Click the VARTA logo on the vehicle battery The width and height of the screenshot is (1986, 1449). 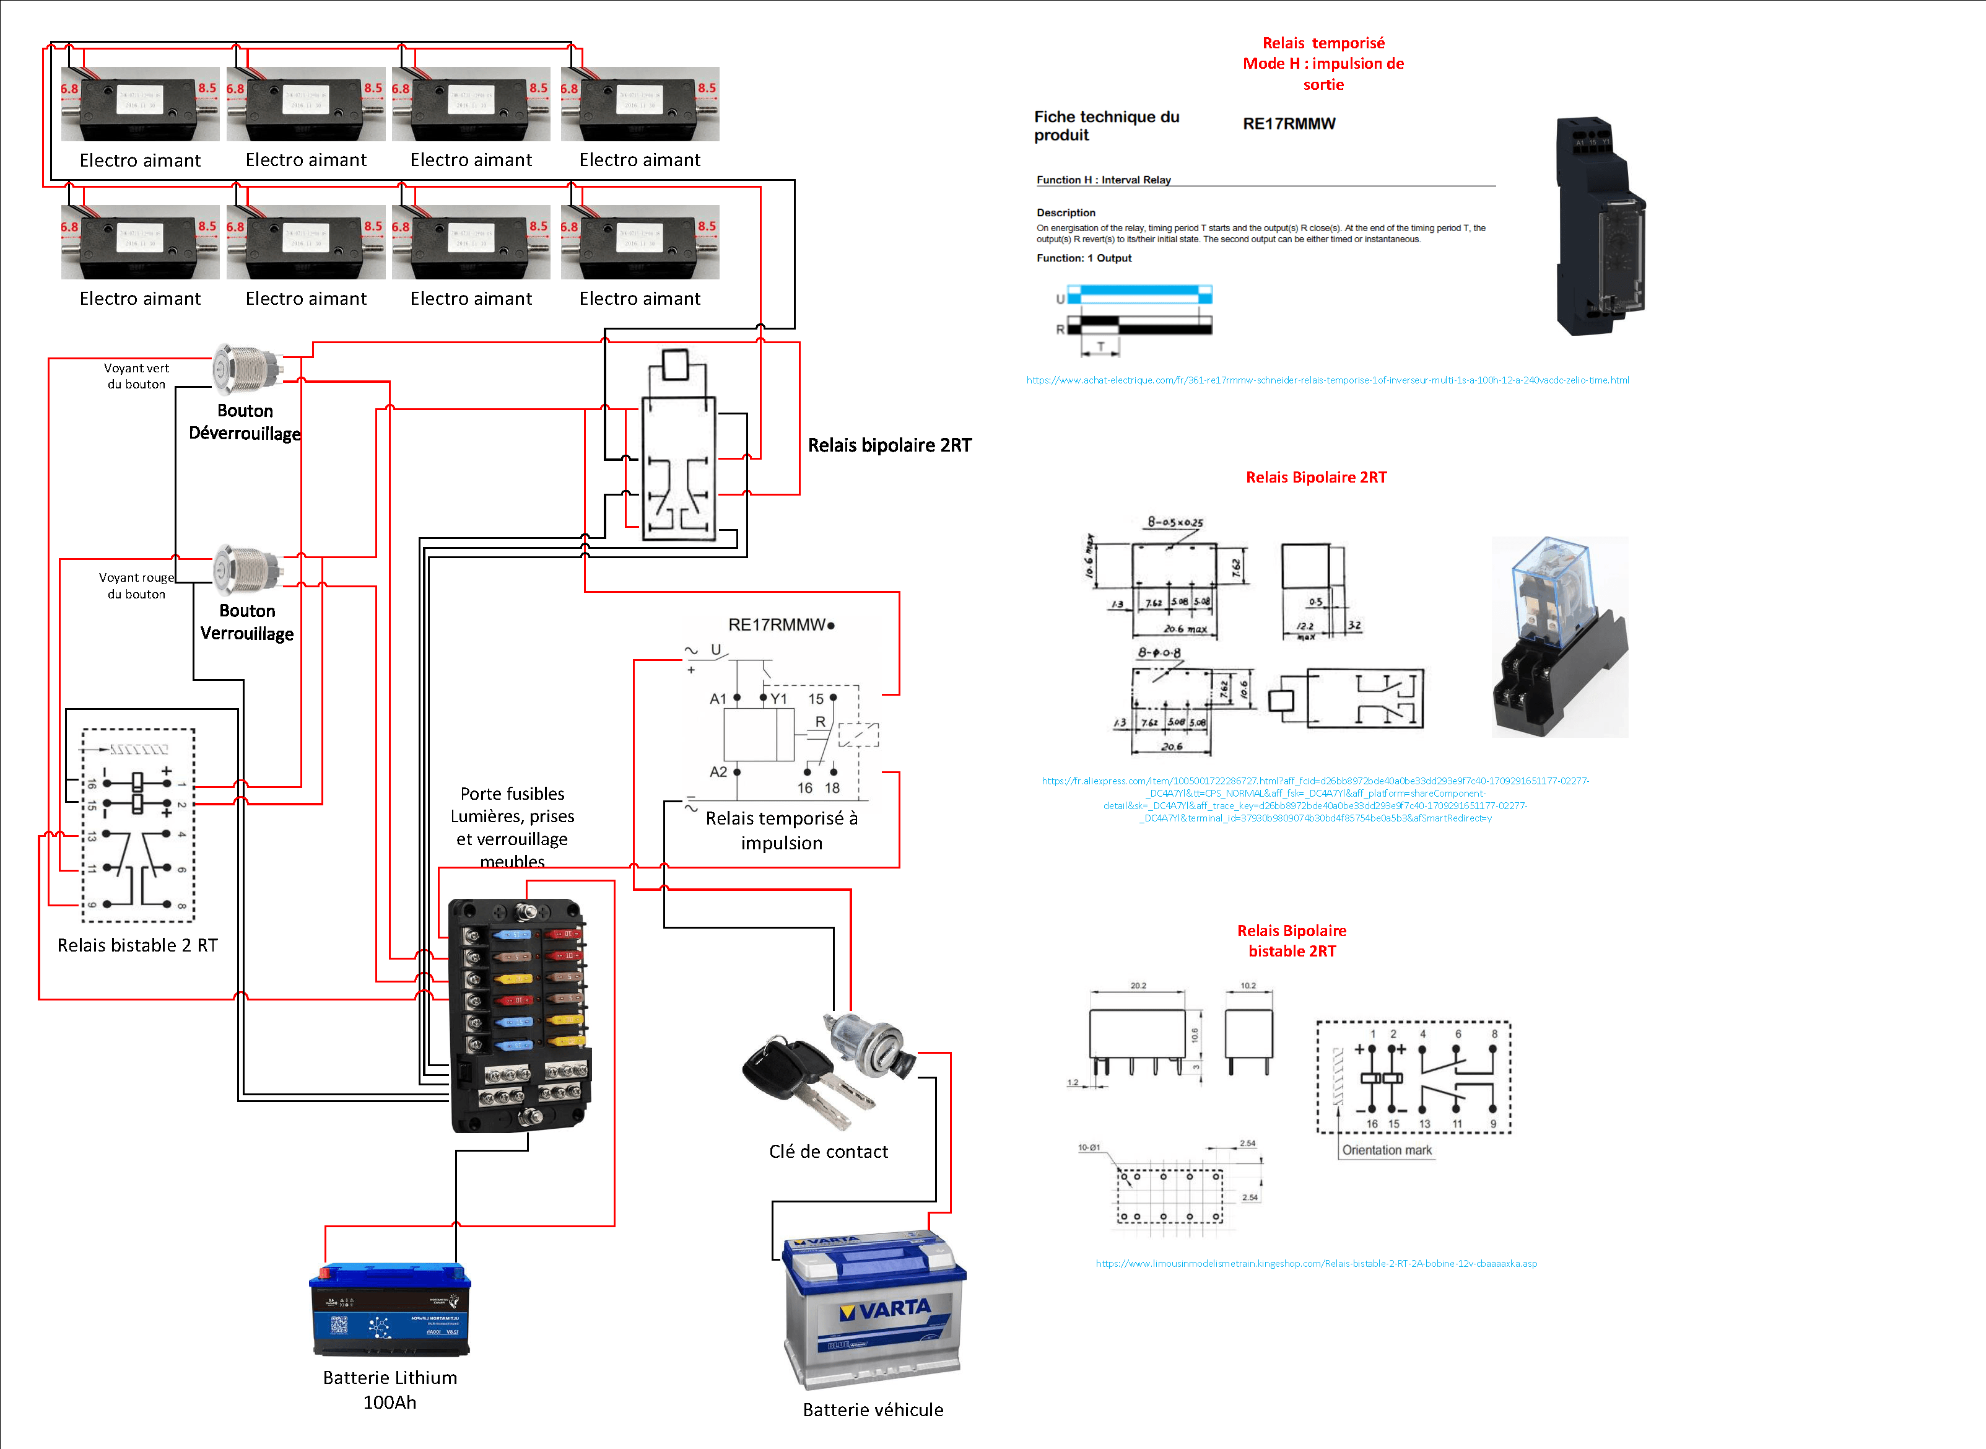886,1310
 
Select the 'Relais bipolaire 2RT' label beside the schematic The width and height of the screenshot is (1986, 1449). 889,445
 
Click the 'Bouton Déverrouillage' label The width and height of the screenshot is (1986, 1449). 245,422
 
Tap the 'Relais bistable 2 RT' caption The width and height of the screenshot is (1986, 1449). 137,945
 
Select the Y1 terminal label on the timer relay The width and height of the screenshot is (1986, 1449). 778,699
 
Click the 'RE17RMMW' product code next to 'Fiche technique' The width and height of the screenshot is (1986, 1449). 1289,124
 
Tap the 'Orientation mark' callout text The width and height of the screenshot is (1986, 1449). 1387,1150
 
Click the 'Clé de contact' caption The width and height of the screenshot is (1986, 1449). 829,1152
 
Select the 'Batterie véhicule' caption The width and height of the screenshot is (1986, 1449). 873,1409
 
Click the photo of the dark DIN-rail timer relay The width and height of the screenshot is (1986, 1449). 1600,226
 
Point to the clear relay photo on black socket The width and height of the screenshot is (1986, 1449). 1559,637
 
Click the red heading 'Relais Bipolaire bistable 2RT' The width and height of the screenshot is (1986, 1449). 1292,940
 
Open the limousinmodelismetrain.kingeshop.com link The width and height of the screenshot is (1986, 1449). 1316,1264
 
